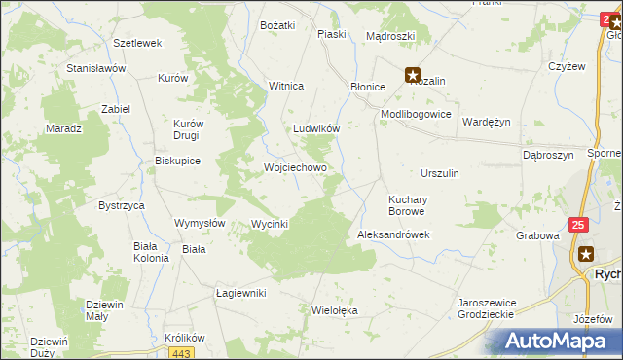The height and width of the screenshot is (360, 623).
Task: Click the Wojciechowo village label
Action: tap(295, 167)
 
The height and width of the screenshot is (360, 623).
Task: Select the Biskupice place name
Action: tap(177, 162)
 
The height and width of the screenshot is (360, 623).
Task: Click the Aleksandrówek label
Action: tap(393, 235)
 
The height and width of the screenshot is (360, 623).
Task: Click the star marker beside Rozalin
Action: tap(413, 73)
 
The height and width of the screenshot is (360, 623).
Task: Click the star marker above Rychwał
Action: tap(585, 254)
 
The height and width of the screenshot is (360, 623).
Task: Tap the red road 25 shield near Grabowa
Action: tap(579, 224)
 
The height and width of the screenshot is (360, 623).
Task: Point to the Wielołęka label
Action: tap(334, 311)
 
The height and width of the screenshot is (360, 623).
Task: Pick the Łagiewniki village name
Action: tap(240, 293)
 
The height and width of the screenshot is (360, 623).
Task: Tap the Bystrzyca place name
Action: tap(122, 206)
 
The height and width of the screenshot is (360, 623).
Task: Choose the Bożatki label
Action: tap(276, 25)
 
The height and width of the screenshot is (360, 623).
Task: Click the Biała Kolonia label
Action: tap(151, 252)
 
